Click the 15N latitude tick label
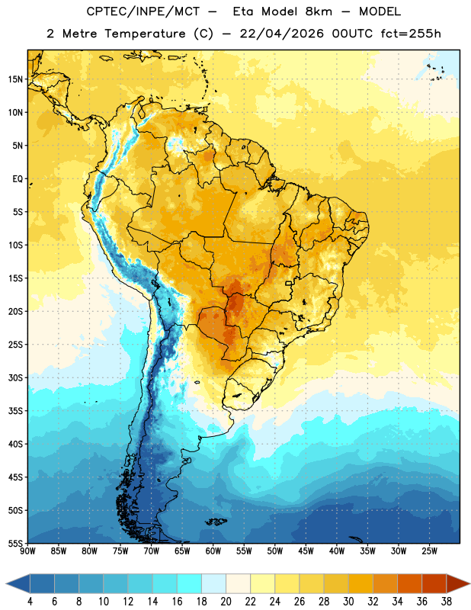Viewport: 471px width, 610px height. (x=15, y=79)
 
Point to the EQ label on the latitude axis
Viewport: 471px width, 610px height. (x=18, y=179)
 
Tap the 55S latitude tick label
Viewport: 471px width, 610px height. (x=15, y=543)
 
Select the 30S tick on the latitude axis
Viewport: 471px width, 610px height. (x=15, y=377)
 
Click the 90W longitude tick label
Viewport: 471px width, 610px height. (x=27, y=551)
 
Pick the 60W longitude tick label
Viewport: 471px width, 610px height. (x=213, y=551)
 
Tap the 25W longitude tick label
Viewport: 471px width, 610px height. (x=429, y=551)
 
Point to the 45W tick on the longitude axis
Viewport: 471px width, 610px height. (x=306, y=551)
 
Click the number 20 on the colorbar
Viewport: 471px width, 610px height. (x=226, y=602)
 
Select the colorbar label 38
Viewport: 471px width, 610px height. (x=447, y=602)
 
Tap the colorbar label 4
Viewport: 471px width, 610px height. (x=30, y=602)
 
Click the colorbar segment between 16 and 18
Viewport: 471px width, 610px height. (x=189, y=583)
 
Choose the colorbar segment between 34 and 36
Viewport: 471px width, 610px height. (x=409, y=583)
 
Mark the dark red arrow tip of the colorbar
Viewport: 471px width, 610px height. (x=469, y=583)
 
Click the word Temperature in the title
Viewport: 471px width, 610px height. (x=145, y=34)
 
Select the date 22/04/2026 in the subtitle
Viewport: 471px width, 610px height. (x=281, y=34)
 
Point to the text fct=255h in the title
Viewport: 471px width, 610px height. (x=411, y=34)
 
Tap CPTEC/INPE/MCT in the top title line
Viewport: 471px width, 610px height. (x=143, y=11)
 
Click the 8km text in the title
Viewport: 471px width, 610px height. (x=319, y=11)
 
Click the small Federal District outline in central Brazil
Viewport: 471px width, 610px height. (x=289, y=283)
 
